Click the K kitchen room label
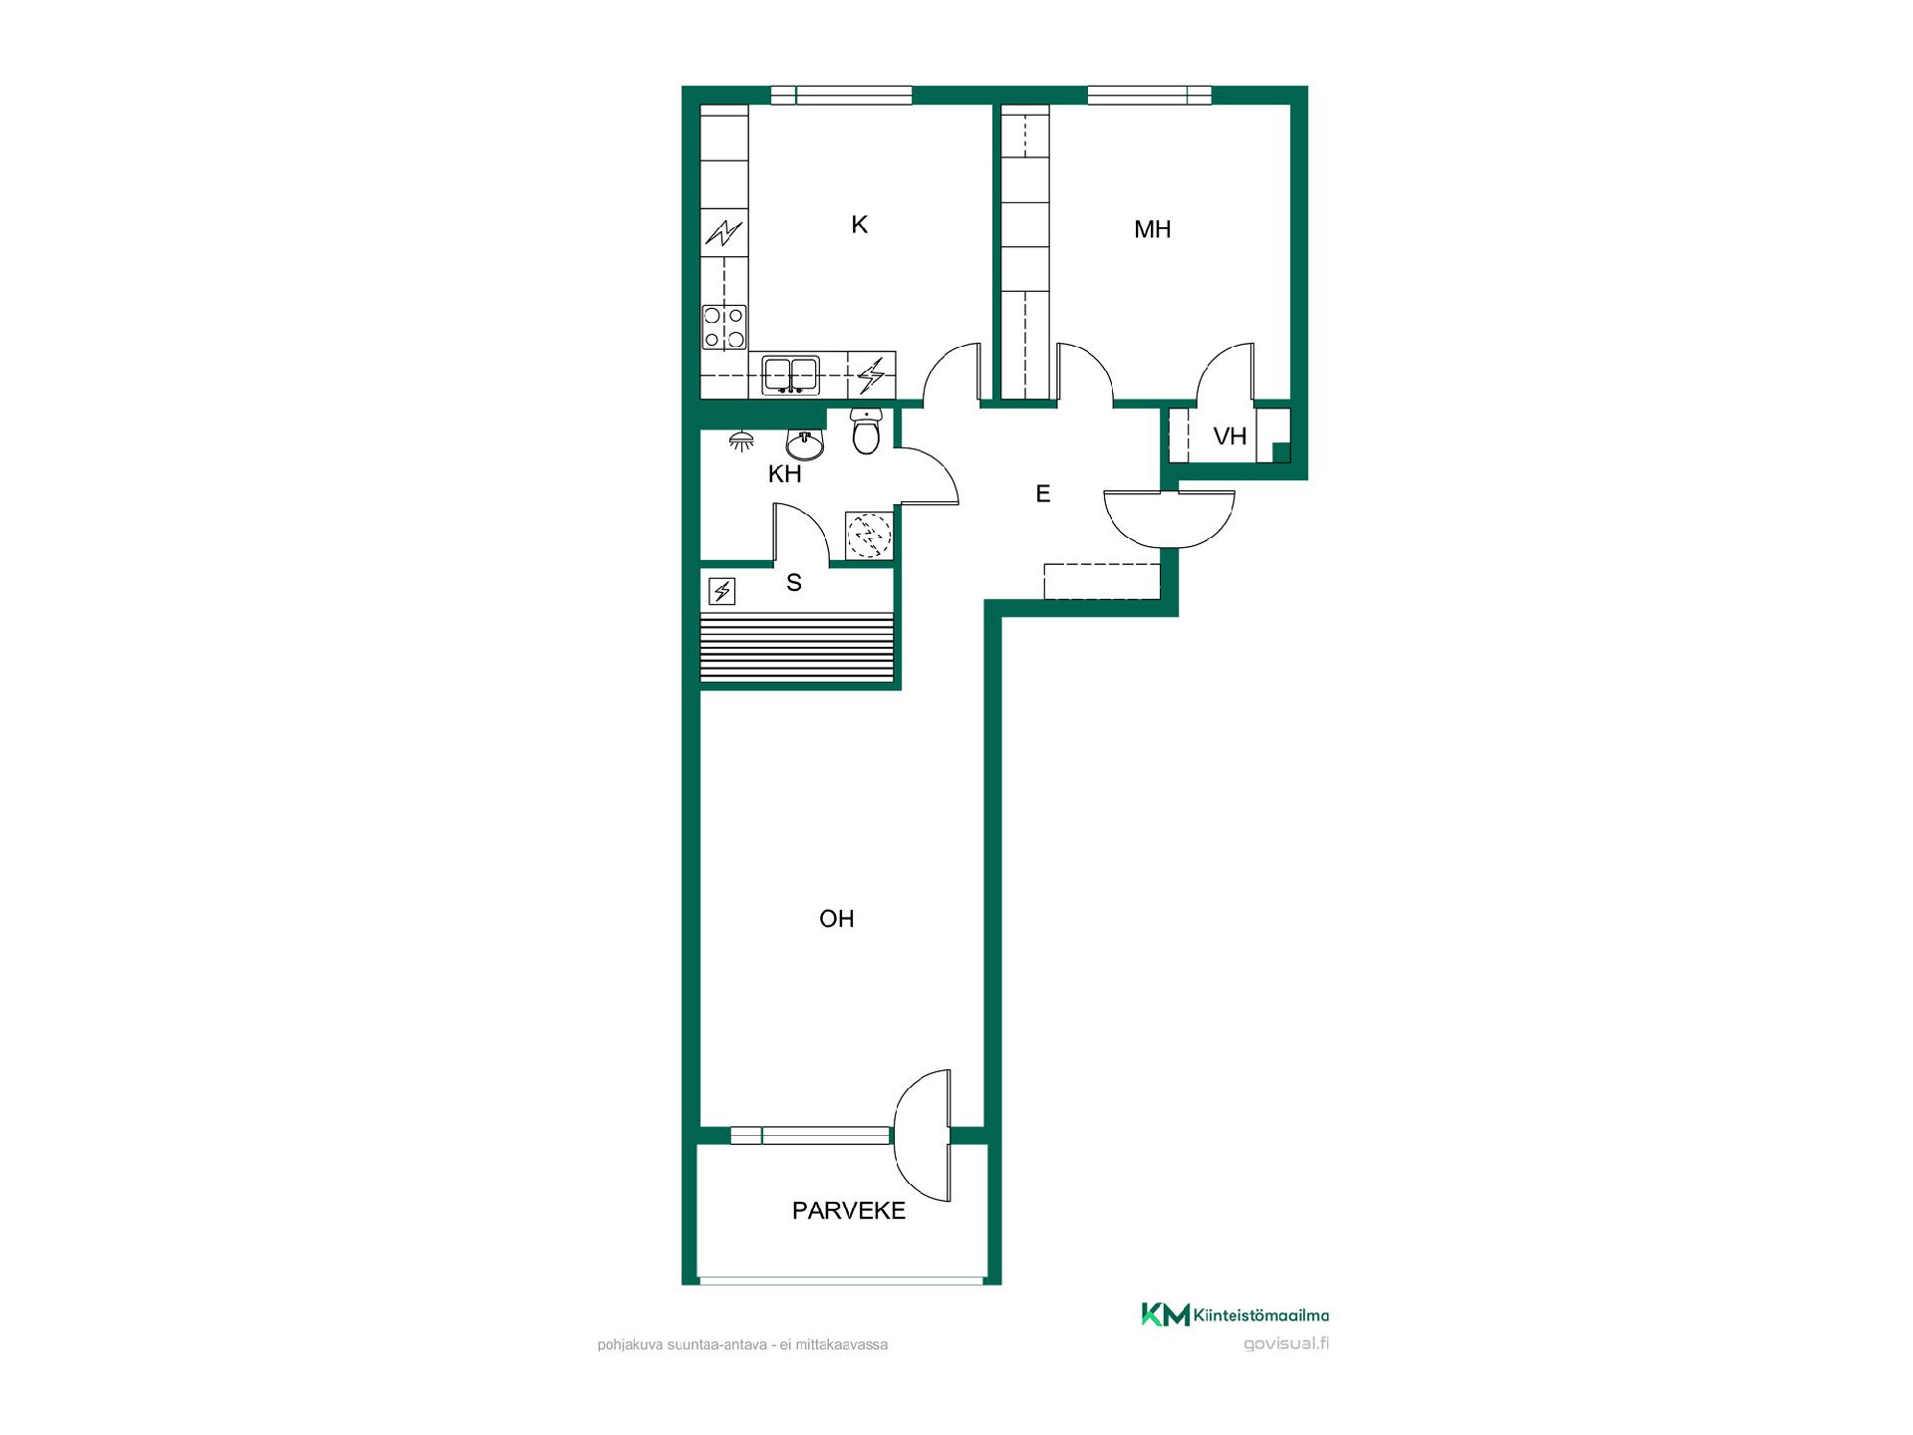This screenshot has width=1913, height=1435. tap(859, 225)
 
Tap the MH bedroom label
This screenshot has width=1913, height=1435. tap(1152, 229)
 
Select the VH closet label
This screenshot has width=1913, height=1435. tap(1230, 435)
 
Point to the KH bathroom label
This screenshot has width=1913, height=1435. tap(785, 474)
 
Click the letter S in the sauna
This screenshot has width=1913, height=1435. tap(794, 583)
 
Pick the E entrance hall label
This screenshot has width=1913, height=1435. tap(1043, 493)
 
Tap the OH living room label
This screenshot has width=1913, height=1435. tap(837, 919)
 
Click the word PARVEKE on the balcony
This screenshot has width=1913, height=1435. tap(849, 1211)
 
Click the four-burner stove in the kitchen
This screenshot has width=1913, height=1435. tap(724, 327)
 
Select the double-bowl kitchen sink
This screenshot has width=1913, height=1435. tap(791, 375)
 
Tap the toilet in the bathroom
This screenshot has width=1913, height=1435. tap(866, 430)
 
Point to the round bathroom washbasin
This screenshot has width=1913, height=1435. tap(805, 444)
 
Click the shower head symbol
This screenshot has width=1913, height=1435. tap(741, 440)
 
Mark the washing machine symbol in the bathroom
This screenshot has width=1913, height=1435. tap(869, 536)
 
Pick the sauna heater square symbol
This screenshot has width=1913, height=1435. tap(721, 592)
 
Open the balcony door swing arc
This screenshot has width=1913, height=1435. tap(921, 1137)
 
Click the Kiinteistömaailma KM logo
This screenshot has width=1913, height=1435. tap(1234, 1315)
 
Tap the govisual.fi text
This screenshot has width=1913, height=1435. tap(1286, 1343)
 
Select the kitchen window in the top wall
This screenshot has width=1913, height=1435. tap(842, 96)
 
